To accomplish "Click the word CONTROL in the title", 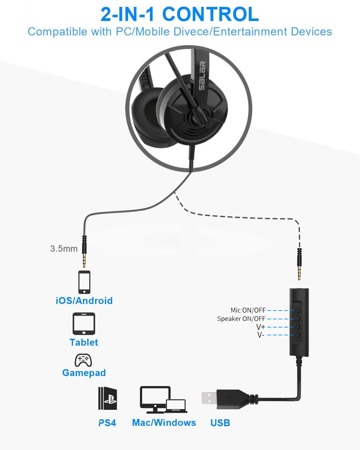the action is [x=211, y=14].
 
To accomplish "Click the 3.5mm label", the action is [x=64, y=249].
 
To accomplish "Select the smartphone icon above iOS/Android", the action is [x=85, y=282].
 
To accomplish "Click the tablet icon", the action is [x=84, y=323].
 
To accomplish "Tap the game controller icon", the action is [x=83, y=360].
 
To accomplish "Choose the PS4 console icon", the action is [x=108, y=398].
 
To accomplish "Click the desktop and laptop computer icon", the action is [x=163, y=400].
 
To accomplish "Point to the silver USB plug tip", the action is [x=209, y=398].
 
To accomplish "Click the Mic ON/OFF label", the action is [x=248, y=310].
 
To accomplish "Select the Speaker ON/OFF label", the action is [x=241, y=319].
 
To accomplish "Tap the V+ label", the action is [x=260, y=327].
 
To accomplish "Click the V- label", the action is [x=260, y=335].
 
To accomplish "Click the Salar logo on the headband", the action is [x=202, y=76].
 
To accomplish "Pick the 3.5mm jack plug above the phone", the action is [x=84, y=251].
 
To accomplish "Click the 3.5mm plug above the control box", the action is [x=299, y=264].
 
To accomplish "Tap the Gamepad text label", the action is [x=84, y=373].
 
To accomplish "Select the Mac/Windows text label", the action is [x=164, y=422].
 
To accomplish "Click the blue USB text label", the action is [x=220, y=423].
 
